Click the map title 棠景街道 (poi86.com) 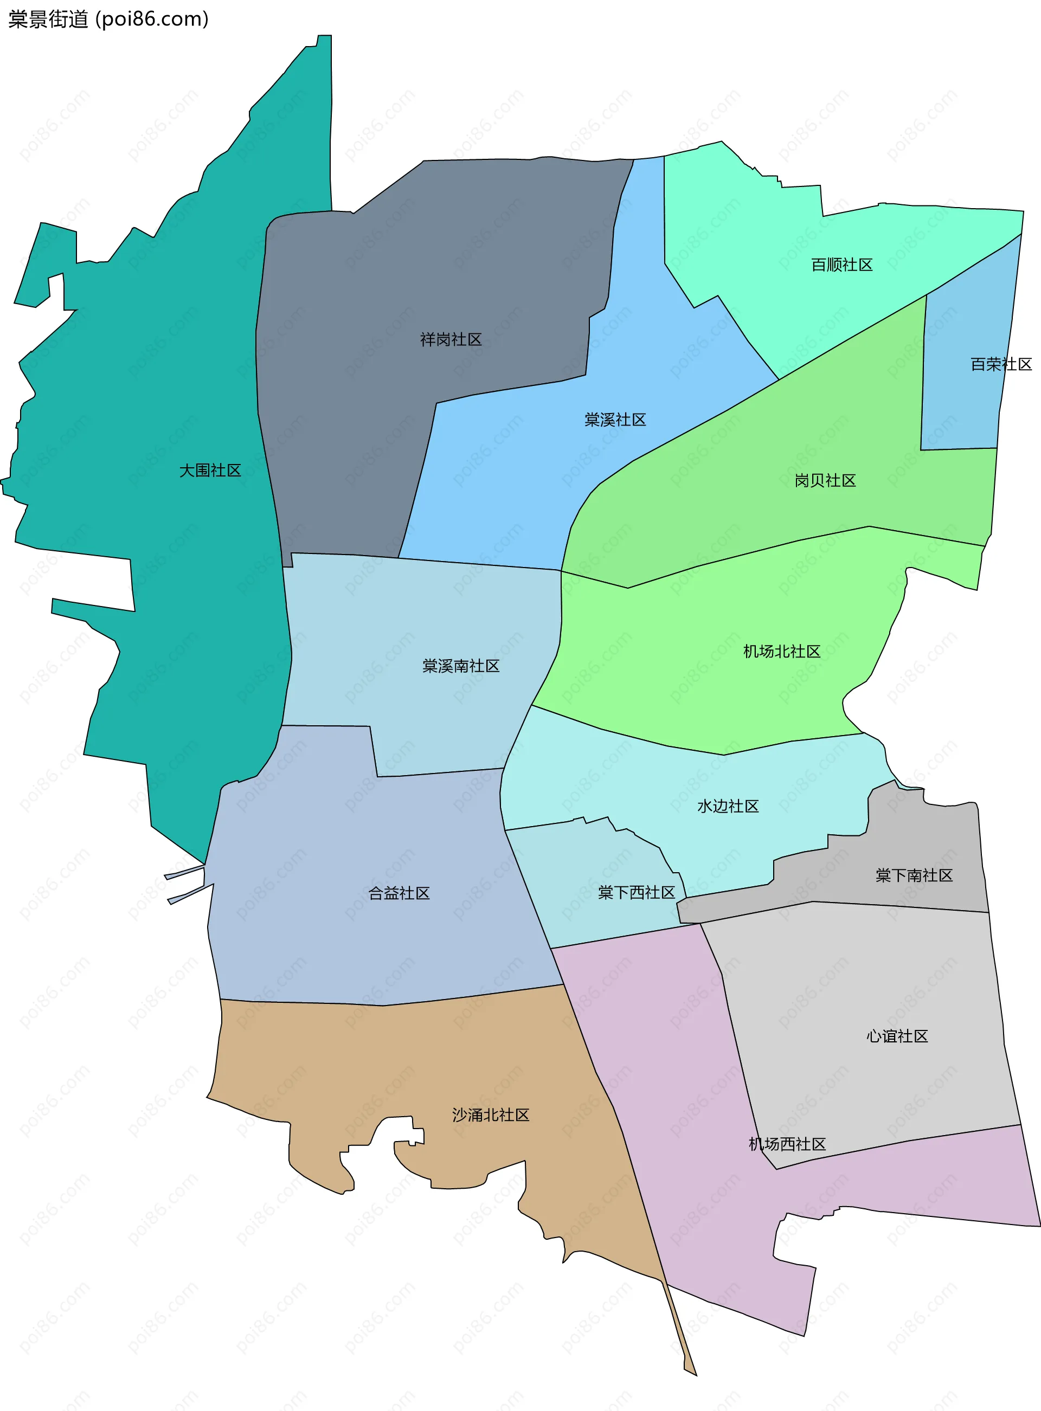coord(108,20)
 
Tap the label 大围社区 coord(210,471)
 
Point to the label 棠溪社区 coord(615,420)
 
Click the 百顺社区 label coord(841,265)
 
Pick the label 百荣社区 coord(1001,364)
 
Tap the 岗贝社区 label coord(825,481)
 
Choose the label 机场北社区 coord(781,652)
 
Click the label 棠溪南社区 coord(461,666)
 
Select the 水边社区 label coord(728,806)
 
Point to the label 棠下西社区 coord(637,893)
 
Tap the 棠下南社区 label coord(914,875)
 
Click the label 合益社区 coord(399,893)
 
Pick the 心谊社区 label coord(897,1036)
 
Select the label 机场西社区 coord(787,1144)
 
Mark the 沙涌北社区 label coord(490,1115)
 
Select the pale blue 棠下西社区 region coord(567,907)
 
